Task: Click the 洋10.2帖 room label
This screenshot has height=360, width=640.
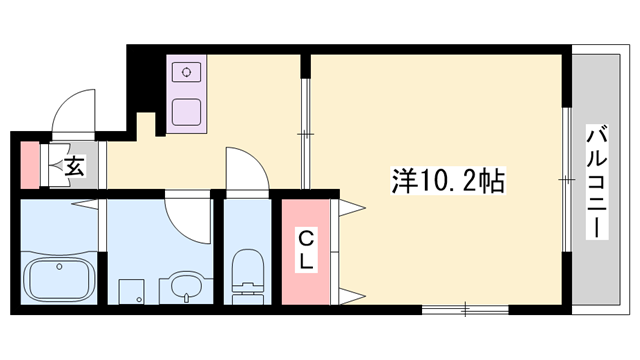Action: tap(447, 182)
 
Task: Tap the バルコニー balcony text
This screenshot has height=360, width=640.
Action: tap(597, 181)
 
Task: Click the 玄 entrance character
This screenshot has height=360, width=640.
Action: tap(75, 167)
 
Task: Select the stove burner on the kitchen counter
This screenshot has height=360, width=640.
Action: tap(186, 72)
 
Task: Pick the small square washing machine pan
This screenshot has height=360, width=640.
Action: tap(129, 291)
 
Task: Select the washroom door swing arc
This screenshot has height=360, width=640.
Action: tap(186, 212)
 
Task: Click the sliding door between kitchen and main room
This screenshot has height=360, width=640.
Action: tap(305, 130)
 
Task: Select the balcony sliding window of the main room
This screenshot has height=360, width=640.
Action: tap(567, 180)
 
